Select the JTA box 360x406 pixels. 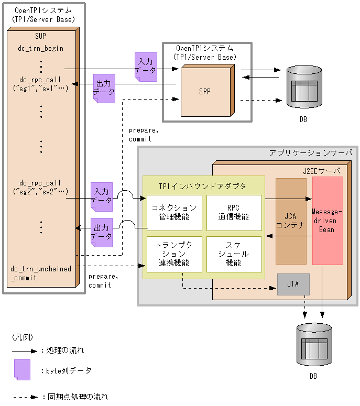pyautogui.click(x=293, y=284)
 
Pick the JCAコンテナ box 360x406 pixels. pyautogui.click(x=291, y=221)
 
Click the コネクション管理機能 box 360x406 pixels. pyautogui.click(x=174, y=213)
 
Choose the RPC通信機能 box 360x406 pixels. pyautogui.click(x=234, y=213)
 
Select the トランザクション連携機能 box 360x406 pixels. pyautogui.click(x=174, y=254)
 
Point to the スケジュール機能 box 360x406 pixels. pyautogui.click(x=234, y=254)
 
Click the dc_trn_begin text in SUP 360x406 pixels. pyautogui.click(x=41, y=49)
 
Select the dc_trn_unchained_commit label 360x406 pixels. pyautogui.click(x=41, y=273)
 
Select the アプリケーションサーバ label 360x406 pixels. pyautogui.click(x=311, y=152)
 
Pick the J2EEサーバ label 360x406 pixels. pyautogui.click(x=321, y=171)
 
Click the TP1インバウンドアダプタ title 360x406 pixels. pyautogui.click(x=202, y=185)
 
